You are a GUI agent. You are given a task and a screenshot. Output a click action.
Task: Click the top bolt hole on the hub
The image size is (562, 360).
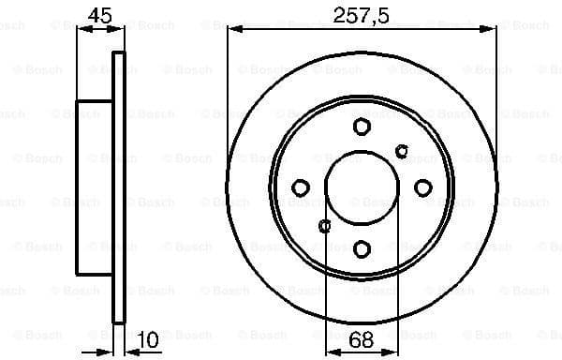tap(362, 127)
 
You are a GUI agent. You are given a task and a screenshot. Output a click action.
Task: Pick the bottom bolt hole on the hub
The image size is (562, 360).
tap(362, 248)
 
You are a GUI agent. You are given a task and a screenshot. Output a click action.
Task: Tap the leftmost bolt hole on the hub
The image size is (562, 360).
tap(300, 187)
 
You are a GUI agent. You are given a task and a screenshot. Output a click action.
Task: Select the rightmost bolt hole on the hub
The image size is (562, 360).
tap(422, 187)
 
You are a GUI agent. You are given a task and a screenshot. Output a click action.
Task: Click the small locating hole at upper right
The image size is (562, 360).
tap(402, 151)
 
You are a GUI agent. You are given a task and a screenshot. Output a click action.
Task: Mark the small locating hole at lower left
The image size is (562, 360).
tap(325, 225)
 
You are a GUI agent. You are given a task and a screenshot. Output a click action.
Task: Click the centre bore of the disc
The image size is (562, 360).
tap(362, 187)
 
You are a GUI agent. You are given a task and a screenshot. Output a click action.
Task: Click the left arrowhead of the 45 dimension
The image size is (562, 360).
tap(81, 30)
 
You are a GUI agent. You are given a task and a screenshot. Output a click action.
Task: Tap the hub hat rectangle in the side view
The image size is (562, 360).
tap(94, 187)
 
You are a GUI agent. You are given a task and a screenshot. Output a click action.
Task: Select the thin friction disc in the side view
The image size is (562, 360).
tap(118, 187)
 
